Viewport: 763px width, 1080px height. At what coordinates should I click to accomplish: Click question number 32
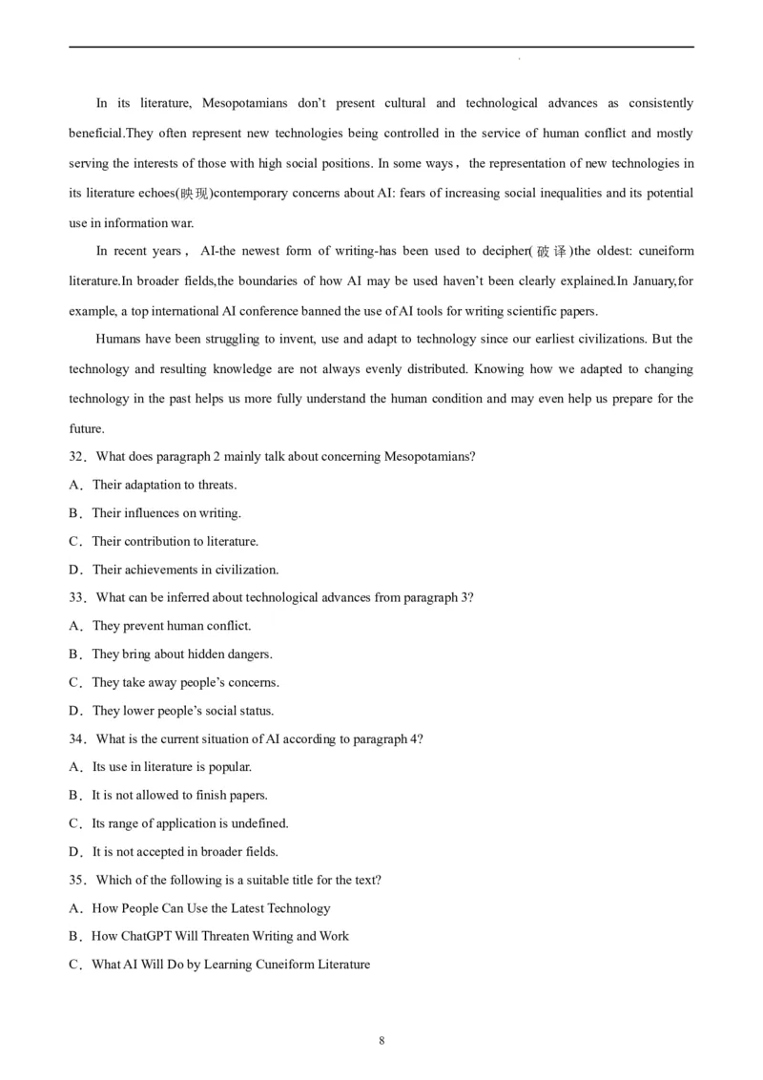[77, 457]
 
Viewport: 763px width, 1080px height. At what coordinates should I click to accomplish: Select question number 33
[77, 598]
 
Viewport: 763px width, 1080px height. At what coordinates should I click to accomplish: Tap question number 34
[77, 739]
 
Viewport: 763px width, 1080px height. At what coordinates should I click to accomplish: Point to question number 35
[77, 881]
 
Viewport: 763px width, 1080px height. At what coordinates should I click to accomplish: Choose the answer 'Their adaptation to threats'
[164, 485]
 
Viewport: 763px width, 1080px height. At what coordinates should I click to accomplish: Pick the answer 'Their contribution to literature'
[175, 542]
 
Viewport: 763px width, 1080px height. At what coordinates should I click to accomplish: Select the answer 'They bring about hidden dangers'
[181, 654]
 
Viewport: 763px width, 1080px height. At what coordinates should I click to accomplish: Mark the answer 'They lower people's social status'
[182, 711]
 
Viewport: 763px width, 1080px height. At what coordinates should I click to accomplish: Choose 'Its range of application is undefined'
[190, 823]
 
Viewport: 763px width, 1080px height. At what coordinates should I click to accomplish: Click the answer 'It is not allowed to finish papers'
[179, 796]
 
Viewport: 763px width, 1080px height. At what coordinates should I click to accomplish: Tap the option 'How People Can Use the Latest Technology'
[211, 908]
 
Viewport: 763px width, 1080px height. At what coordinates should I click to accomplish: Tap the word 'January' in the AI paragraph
[650, 281]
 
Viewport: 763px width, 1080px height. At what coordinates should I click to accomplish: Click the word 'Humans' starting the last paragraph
[116, 340]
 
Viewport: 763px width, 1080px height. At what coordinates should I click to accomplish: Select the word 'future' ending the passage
[86, 429]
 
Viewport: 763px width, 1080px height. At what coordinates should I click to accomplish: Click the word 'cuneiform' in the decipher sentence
[666, 252]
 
